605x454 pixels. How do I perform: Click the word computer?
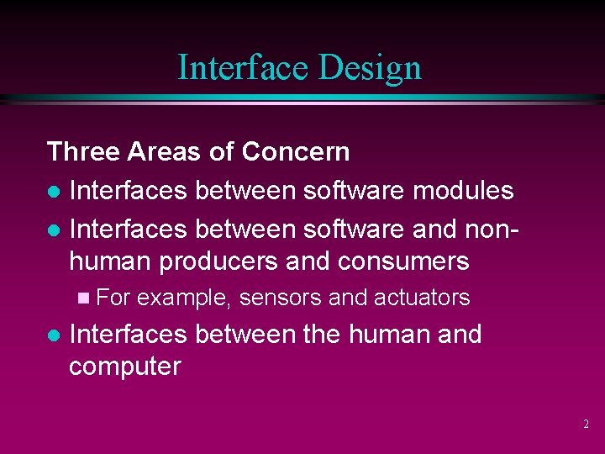pyautogui.click(x=124, y=367)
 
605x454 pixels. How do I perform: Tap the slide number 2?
pyautogui.click(x=587, y=425)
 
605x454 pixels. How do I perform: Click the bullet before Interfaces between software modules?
pyautogui.click(x=53, y=192)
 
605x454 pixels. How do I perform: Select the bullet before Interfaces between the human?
pyautogui.click(x=53, y=335)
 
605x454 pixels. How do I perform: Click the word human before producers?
pyautogui.click(x=111, y=262)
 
